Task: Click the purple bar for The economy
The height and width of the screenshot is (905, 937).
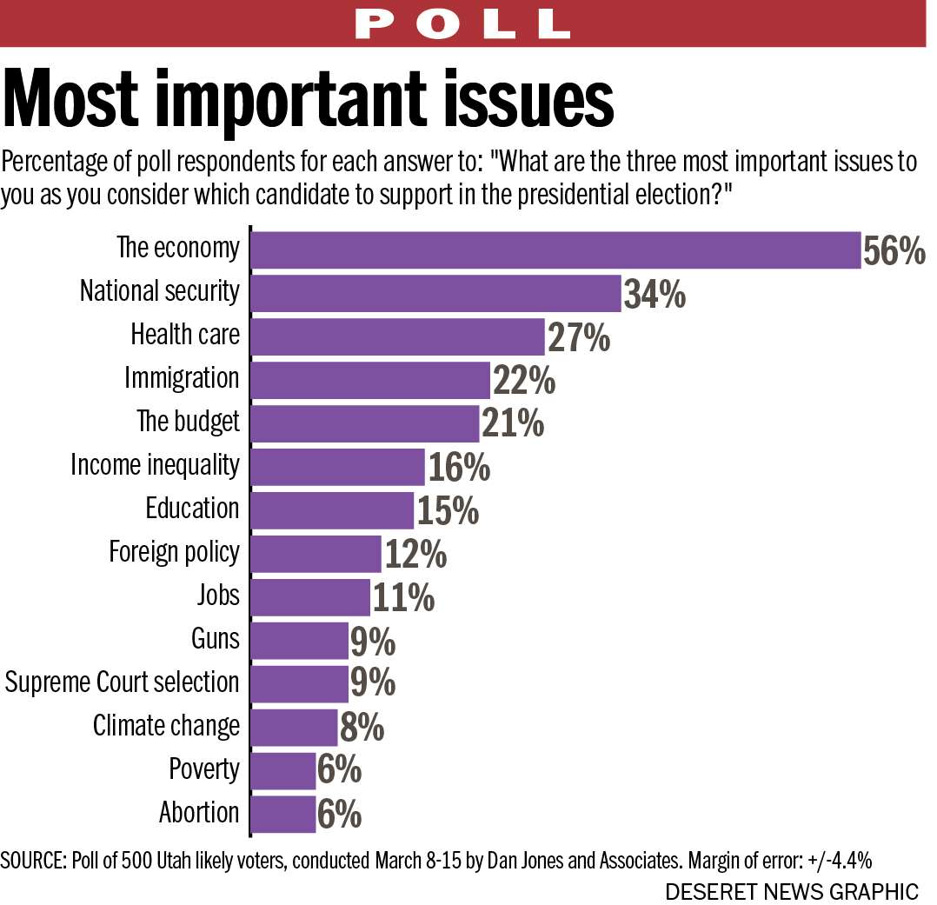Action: (555, 250)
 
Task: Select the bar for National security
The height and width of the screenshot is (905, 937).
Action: (435, 293)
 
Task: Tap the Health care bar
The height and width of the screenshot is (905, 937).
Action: (397, 336)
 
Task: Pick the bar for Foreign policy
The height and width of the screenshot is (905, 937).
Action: (316, 554)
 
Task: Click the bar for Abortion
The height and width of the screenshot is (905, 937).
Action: (282, 815)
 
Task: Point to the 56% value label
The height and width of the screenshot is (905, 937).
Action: (894, 251)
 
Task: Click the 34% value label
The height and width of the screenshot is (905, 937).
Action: (655, 295)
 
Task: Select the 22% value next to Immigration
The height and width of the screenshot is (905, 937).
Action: (523, 381)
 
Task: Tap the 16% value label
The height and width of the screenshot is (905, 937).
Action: (458, 469)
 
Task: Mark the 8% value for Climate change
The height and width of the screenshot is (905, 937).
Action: (362, 729)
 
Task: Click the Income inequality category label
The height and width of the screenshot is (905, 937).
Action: (155, 465)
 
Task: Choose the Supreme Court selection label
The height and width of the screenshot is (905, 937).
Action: (122, 682)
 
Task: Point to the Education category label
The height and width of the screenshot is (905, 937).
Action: (192, 509)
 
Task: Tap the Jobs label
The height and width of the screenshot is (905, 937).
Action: (218, 596)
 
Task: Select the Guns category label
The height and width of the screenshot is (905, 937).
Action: (215, 639)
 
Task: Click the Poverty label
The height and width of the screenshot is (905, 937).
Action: (204, 769)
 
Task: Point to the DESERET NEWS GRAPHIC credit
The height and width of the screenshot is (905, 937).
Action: (792, 891)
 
